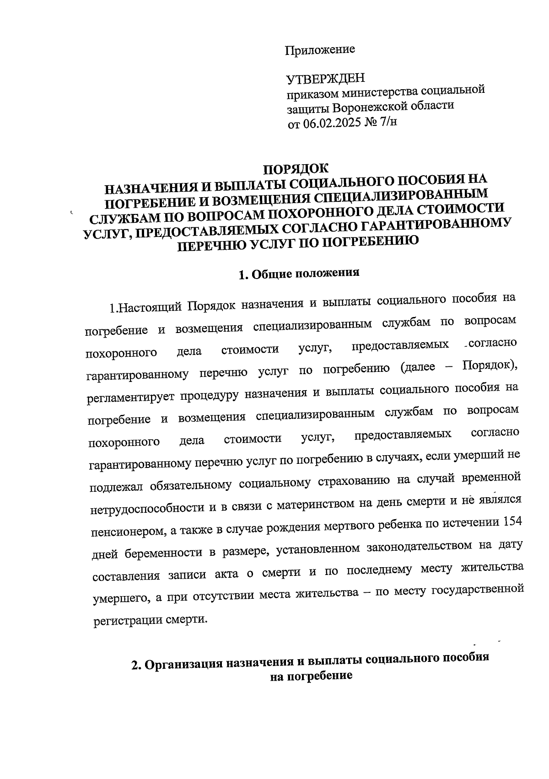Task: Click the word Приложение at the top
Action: pyautogui.click(x=320, y=49)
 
